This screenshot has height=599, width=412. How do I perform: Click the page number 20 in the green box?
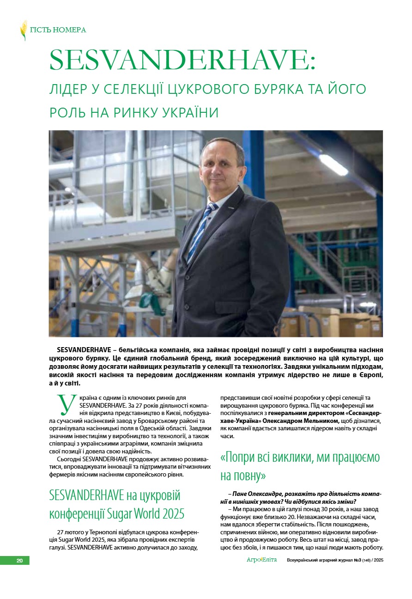point(19,561)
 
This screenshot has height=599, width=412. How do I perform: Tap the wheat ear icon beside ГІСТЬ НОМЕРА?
point(24,30)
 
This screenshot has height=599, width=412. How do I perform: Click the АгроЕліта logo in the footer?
point(261,560)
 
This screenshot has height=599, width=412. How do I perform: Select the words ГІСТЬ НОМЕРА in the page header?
point(58,30)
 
